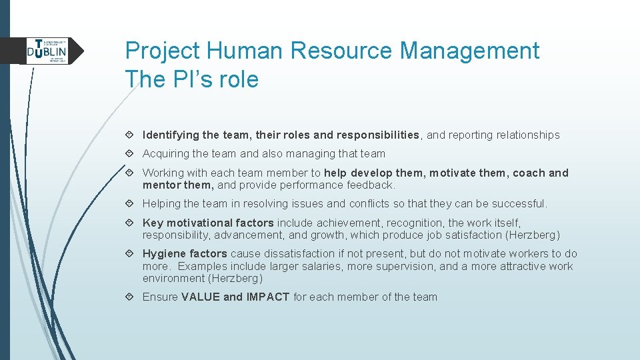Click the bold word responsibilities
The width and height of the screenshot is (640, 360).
click(x=378, y=135)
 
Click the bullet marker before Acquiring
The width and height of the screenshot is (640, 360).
click(x=133, y=154)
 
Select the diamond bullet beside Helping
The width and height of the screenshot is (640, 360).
click(x=133, y=204)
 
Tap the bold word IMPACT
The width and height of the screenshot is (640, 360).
click(x=268, y=297)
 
